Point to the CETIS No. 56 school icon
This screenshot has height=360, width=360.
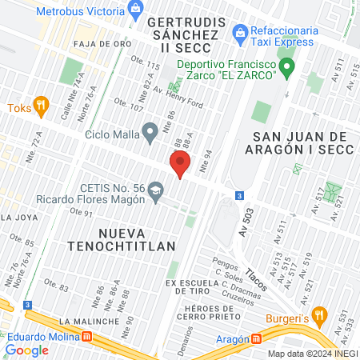pos(155,190)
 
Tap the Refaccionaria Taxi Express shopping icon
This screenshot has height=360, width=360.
pos(238,32)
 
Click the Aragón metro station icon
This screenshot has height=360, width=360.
pos(257,338)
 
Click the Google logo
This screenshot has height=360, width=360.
pos(26,350)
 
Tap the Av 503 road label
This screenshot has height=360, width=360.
pos(246,222)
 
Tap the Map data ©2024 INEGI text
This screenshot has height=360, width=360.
pos(311,353)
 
